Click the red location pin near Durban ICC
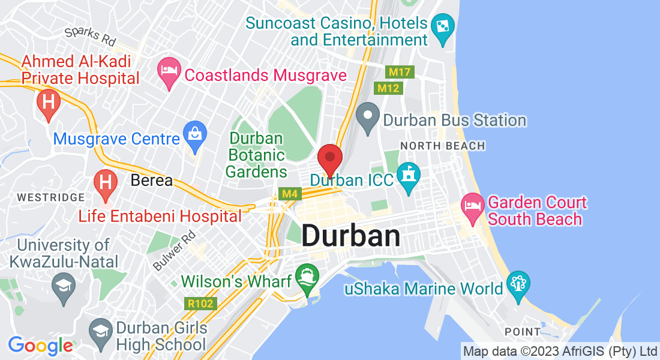(329, 158)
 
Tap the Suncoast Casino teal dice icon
(443, 28)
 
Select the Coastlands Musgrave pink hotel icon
(169, 71)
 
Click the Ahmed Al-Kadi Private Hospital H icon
(48, 103)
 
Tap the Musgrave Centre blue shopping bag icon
(195, 134)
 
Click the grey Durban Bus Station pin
(367, 116)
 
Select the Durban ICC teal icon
(408, 176)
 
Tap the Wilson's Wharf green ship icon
(307, 277)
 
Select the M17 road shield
(399, 72)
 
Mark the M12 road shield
(388, 88)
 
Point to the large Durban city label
(350, 236)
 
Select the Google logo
(40, 346)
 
